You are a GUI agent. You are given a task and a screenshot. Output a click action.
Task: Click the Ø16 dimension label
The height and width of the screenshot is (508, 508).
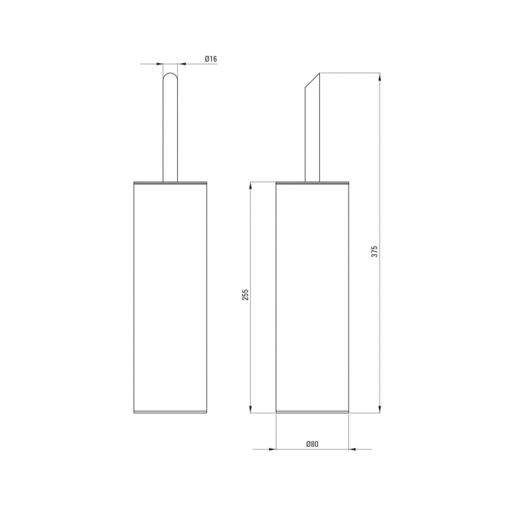pyautogui.click(x=210, y=59)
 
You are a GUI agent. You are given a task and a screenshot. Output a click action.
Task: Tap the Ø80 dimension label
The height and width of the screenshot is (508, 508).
pyautogui.click(x=312, y=444)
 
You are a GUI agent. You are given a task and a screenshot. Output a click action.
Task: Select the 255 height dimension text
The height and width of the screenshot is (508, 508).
pyautogui.click(x=245, y=295)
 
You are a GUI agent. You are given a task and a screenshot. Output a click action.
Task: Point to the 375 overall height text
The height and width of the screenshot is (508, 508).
pyautogui.click(x=374, y=251)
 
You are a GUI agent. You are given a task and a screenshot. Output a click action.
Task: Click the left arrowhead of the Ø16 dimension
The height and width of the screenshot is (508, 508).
pyautogui.click(x=159, y=64)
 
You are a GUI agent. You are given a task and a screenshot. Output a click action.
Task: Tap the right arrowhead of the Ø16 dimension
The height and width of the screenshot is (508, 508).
pyautogui.click(x=181, y=64)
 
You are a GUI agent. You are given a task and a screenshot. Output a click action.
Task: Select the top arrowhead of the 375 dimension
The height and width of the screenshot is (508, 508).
pyautogui.click(x=380, y=76)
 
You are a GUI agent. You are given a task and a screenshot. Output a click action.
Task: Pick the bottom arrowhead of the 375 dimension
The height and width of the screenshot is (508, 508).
pyautogui.click(x=380, y=409)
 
